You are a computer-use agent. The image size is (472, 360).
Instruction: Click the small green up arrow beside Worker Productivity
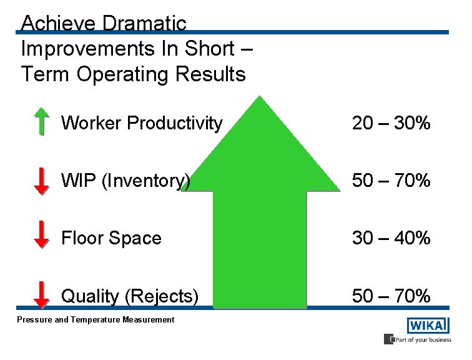(x=41, y=121)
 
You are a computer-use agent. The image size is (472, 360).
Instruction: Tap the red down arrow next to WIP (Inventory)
(x=41, y=181)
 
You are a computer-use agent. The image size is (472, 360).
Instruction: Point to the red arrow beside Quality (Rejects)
(x=41, y=294)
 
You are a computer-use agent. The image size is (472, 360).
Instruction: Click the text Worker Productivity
(x=142, y=123)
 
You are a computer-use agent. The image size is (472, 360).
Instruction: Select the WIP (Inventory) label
(x=125, y=181)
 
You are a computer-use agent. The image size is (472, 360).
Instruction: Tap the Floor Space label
(x=111, y=238)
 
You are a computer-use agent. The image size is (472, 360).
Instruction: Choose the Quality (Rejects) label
(x=130, y=296)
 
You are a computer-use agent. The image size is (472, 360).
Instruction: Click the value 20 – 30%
(x=391, y=123)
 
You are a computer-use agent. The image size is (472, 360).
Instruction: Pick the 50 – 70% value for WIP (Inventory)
(x=391, y=181)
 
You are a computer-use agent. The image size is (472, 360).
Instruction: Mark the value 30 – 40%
(x=391, y=238)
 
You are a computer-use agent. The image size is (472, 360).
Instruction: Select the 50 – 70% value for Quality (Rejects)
(x=391, y=296)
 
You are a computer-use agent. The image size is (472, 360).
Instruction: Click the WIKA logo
(x=428, y=326)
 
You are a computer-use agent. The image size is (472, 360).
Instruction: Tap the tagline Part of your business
(x=421, y=340)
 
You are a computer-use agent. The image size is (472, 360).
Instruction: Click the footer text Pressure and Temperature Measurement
(x=96, y=320)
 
